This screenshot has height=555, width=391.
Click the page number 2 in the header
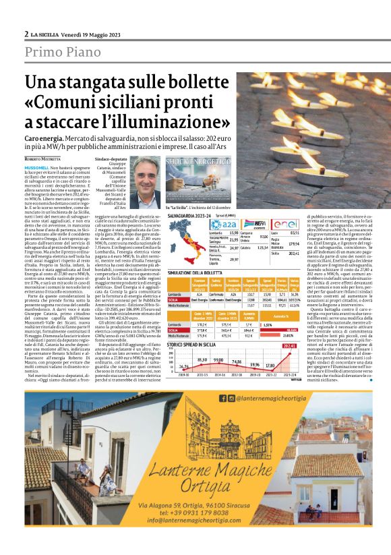[26, 34]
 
